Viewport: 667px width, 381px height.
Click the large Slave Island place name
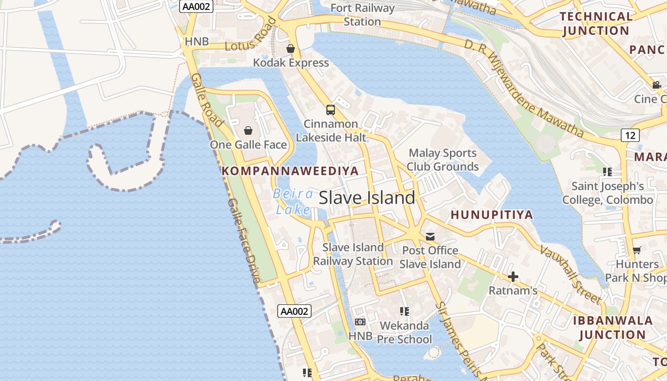click(367, 198)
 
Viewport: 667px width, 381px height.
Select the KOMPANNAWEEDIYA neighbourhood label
click(290, 171)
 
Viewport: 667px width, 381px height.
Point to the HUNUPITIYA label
click(492, 215)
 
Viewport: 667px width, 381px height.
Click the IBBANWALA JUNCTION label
click(612, 327)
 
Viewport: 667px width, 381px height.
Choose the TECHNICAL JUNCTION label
click(596, 24)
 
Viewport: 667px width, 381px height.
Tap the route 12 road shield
click(630, 135)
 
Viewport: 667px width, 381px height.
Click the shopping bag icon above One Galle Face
click(248, 130)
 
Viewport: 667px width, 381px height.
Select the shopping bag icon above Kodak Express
click(291, 49)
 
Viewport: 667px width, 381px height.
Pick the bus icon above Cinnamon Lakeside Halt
click(330, 110)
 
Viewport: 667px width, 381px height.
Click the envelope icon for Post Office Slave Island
click(430, 236)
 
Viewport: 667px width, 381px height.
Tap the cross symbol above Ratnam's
click(513, 276)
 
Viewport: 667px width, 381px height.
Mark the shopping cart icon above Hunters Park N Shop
click(637, 250)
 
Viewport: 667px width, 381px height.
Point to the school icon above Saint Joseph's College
click(607, 171)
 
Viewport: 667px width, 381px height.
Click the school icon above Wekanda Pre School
click(404, 311)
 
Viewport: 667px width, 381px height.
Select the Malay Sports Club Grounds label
click(443, 160)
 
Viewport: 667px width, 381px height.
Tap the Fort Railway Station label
click(362, 15)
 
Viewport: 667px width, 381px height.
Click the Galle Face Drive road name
click(243, 241)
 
